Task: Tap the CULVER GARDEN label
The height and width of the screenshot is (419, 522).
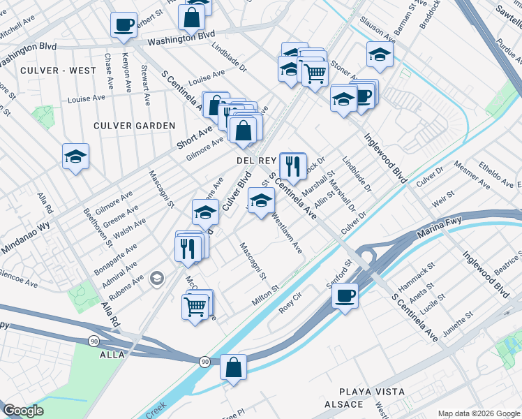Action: coord(135,126)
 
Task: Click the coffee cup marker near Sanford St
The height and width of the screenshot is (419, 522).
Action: coord(345,295)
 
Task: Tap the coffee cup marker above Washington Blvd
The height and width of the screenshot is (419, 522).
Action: coord(124,24)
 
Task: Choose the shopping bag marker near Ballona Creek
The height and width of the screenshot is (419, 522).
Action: coord(233,366)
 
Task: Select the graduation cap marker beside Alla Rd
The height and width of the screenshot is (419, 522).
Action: coord(75,156)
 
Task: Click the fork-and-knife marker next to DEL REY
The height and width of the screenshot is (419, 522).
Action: coord(292,166)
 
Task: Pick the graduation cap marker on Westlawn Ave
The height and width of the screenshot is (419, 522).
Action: coord(261,201)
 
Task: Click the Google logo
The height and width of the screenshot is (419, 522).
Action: coord(23,411)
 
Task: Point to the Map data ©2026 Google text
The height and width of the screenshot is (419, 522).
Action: coord(478,413)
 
